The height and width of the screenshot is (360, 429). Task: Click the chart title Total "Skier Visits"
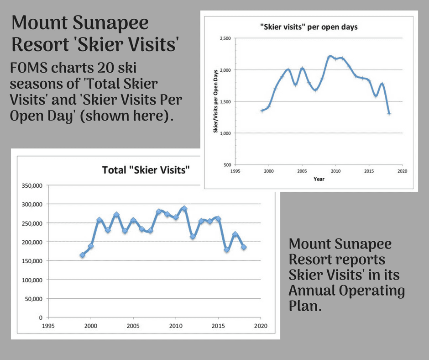[146, 170]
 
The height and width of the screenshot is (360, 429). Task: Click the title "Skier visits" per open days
[309, 27]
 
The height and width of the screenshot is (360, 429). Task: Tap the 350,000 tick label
[32, 186]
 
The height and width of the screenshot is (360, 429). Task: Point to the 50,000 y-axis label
[34, 299]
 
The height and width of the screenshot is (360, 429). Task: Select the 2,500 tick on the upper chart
[225, 38]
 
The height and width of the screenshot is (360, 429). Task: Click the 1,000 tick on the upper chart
[225, 133]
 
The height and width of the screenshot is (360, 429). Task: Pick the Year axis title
[319, 179]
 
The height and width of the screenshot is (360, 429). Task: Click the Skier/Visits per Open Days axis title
[215, 101]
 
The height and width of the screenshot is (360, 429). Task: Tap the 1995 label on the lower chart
[48, 326]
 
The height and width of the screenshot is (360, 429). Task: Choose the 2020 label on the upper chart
[402, 171]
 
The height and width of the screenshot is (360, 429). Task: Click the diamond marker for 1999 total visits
[82, 255]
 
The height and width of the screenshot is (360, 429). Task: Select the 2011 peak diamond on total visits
[184, 208]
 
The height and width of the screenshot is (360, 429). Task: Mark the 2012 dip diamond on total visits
[193, 236]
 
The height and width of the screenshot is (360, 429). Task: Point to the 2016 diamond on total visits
[227, 249]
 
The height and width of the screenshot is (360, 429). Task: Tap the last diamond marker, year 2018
[244, 247]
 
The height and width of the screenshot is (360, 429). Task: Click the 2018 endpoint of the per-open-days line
[389, 113]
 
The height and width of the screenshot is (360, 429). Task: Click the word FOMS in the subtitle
[29, 68]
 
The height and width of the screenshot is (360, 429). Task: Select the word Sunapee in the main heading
[110, 23]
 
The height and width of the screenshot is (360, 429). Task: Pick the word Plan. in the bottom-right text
[305, 306]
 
